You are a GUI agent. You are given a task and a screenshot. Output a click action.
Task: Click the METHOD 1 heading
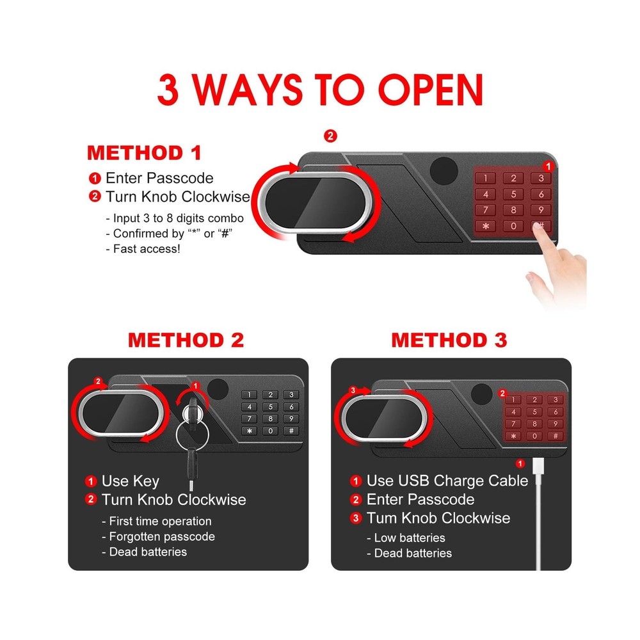[144, 154]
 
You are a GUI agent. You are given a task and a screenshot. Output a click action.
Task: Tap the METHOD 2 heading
[186, 340]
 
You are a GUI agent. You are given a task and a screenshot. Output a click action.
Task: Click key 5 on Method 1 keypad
[513, 194]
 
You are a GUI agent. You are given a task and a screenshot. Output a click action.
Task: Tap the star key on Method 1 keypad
[485, 225]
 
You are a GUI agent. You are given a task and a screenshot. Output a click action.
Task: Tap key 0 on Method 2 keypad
[271, 430]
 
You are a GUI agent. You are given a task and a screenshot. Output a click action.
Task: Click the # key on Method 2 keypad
[291, 430]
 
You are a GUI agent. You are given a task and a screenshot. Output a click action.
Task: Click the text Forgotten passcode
[162, 536]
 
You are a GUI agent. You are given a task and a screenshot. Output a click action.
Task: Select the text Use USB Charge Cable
[447, 481]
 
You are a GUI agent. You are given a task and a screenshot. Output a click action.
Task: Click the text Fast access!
[147, 248]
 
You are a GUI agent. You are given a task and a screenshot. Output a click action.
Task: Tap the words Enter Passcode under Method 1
[159, 178]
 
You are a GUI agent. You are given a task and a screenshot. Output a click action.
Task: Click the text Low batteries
[410, 538]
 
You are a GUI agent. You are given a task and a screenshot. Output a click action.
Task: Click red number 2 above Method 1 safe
[330, 136]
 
